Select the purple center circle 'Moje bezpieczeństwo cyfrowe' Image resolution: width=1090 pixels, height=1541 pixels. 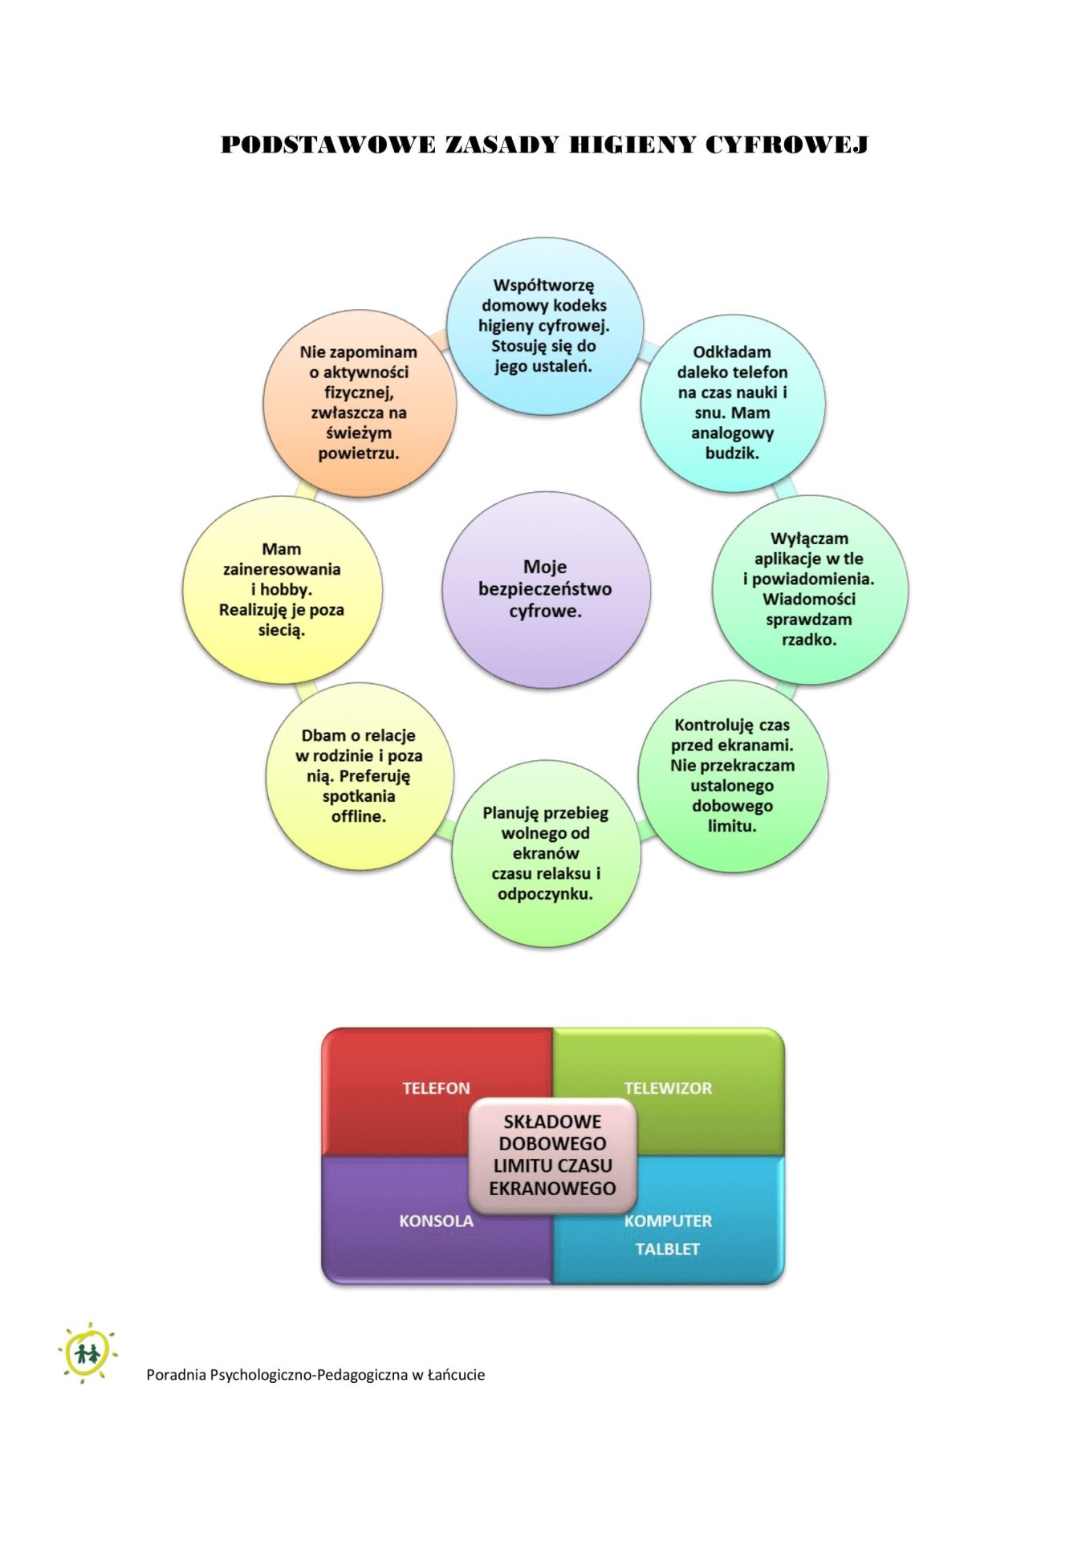[546, 589]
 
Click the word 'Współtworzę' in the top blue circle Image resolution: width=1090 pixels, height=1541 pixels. [543, 285]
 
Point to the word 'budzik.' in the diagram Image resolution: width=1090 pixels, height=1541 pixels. [732, 453]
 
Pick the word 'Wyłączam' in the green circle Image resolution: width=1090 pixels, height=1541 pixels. [809, 539]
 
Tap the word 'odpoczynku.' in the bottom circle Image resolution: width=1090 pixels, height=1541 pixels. [545, 894]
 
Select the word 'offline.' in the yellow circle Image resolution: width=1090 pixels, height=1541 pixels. [359, 816]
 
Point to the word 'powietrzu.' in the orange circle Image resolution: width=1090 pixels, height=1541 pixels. [359, 453]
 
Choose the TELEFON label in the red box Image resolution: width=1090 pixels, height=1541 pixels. [436, 1088]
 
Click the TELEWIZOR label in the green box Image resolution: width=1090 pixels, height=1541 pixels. [668, 1088]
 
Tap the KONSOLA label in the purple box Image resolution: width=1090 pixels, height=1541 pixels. [436, 1221]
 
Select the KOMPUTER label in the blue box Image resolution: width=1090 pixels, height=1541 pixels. [668, 1221]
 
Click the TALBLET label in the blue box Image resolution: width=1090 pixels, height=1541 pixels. [668, 1249]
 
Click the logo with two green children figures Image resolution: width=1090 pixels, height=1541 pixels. [87, 1353]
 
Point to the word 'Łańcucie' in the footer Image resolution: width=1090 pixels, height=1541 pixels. [456, 1375]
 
